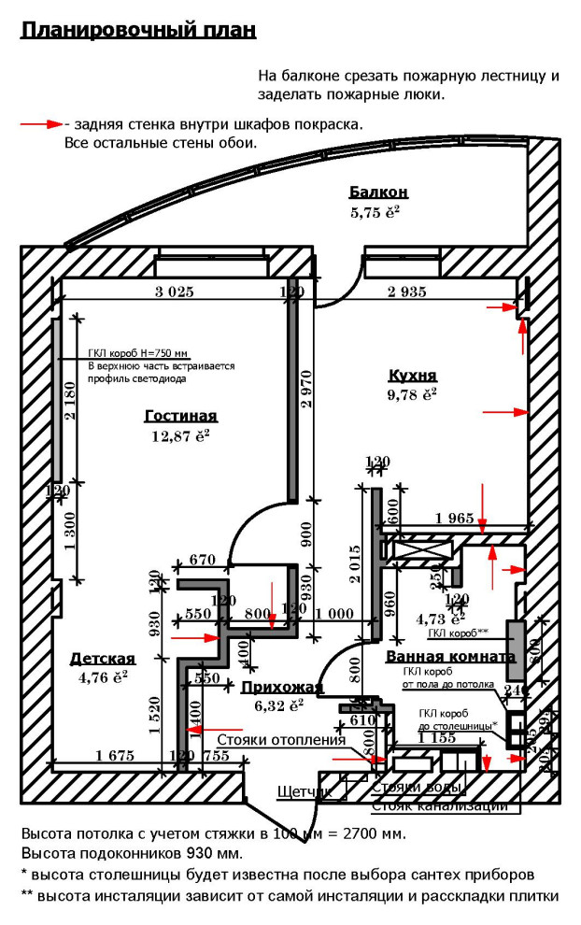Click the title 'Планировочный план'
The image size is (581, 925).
click(138, 31)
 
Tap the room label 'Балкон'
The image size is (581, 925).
click(378, 192)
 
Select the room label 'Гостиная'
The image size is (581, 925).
click(181, 416)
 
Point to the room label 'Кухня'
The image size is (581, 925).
click(412, 376)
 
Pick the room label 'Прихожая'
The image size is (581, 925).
click(282, 688)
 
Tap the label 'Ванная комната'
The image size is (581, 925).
click(450, 657)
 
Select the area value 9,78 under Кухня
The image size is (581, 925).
click(412, 394)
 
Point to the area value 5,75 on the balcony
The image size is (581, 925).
click(375, 211)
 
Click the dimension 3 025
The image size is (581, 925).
click(174, 292)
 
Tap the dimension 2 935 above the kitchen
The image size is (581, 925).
click(406, 292)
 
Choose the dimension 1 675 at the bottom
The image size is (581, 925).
click(115, 755)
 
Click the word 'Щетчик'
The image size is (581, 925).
click(305, 792)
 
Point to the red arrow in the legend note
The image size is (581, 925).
click(41, 123)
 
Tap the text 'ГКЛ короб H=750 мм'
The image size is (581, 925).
click(138, 353)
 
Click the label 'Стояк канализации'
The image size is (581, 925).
click(439, 805)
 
